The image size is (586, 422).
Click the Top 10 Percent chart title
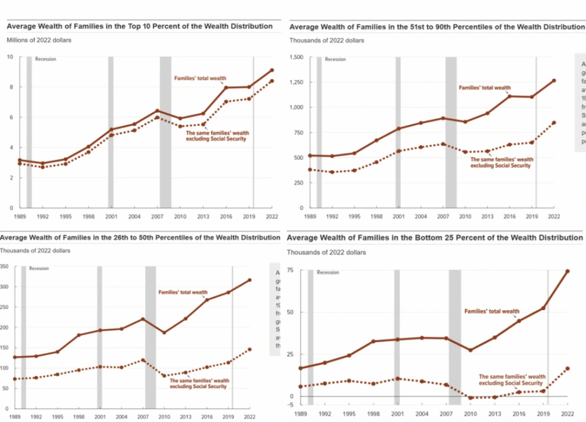140,26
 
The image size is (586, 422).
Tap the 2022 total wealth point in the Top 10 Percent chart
272,70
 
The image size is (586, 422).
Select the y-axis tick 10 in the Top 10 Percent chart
10,57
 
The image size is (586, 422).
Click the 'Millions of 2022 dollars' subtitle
39,40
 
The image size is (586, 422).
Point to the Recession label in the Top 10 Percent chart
46,59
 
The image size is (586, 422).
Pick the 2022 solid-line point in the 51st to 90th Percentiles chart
554,81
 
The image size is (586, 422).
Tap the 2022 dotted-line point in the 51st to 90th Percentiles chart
554,123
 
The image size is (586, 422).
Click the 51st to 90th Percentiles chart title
436,27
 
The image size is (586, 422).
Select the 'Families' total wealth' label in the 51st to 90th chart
485,88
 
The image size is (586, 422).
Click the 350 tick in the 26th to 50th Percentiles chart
4,267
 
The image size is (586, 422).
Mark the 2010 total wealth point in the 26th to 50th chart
164,333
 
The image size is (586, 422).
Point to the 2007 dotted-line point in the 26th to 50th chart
143,360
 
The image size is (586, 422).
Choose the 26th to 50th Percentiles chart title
140,238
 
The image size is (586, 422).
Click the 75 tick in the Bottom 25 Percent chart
290,269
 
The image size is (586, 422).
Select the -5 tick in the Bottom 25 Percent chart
290,404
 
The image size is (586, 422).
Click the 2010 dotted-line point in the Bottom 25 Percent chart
471,398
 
